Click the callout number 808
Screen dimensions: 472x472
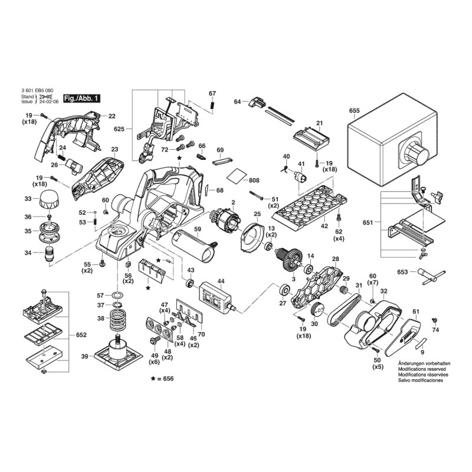point(254,180)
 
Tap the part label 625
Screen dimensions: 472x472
point(120,129)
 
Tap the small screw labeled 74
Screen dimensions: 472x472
point(434,320)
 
